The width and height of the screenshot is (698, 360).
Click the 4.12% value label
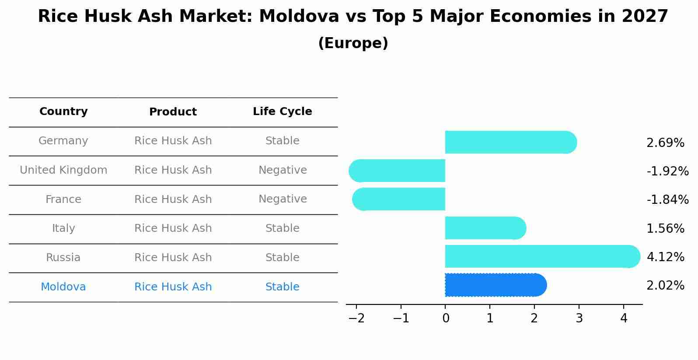pos(665,257)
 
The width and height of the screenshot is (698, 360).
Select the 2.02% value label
pos(665,286)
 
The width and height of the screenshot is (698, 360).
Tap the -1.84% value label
pos(667,199)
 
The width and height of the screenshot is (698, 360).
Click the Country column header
pos(63,112)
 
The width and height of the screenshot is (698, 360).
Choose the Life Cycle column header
pos(282,112)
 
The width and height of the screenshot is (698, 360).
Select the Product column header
pos(173,112)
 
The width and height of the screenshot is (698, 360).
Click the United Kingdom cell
pos(63,170)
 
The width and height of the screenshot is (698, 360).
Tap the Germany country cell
pos(63,141)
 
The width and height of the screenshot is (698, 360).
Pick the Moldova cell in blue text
pos(63,287)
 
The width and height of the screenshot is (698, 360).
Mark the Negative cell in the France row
pos(283,199)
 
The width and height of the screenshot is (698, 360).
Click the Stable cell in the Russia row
pos(282,258)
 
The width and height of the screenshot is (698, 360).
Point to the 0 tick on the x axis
pos(446,318)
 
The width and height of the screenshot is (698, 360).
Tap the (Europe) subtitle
pos(353,43)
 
